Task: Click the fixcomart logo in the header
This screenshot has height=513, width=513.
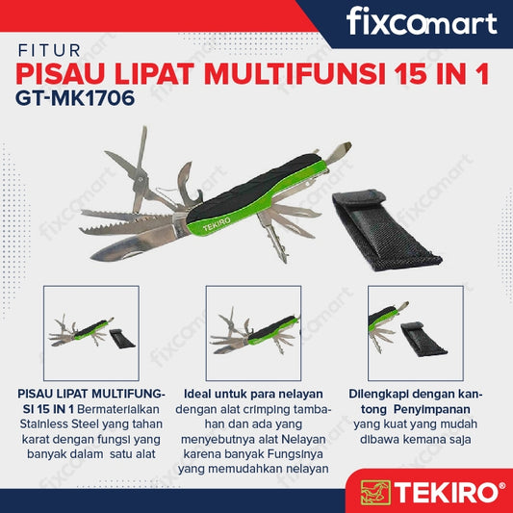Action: point(422,21)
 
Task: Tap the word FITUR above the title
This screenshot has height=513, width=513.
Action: point(49,51)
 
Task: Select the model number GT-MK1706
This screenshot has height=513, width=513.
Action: point(75,98)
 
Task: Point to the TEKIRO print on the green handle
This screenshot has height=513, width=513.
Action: point(217,224)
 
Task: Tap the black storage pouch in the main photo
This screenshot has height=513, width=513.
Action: point(386,231)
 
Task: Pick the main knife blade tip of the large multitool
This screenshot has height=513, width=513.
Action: point(92,258)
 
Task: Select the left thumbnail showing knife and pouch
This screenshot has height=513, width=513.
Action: point(91,333)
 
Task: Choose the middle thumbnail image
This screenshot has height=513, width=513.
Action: point(253,333)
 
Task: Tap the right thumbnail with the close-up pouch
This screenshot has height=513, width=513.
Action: point(416,333)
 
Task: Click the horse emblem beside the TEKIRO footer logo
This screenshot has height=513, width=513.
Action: point(375,492)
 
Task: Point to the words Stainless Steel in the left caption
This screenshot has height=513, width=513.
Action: point(60,424)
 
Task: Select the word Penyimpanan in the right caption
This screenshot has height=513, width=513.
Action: point(432,410)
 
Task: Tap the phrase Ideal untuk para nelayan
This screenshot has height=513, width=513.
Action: point(253,395)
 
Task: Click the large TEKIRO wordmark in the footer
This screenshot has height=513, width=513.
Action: point(446,493)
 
